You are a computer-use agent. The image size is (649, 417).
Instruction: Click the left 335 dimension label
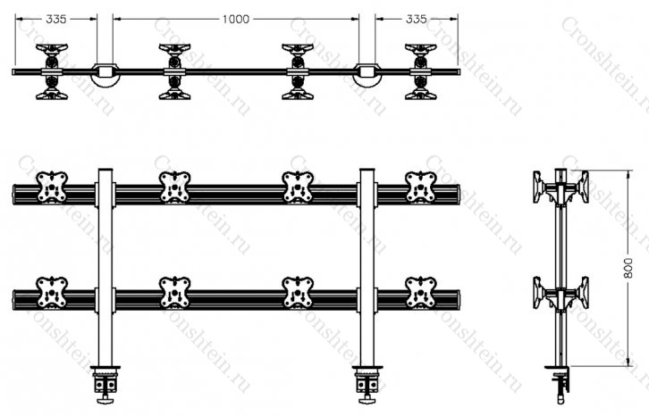coord(56,19)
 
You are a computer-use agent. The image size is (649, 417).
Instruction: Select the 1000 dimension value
coord(236,19)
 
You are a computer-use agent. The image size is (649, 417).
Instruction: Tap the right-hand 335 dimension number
coord(416,19)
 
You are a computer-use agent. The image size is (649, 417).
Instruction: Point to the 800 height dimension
coord(628,268)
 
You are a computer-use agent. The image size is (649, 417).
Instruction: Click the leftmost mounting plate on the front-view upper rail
coord(52,188)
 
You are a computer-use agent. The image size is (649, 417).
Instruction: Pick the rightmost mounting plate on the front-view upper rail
coord(420,188)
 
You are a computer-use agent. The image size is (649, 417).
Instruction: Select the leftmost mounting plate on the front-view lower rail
coord(52,293)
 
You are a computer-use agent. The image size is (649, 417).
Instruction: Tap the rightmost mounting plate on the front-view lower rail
coord(420,293)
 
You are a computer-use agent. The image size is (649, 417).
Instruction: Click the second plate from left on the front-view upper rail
coord(174,188)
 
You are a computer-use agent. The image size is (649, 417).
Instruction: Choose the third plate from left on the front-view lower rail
coord(298,293)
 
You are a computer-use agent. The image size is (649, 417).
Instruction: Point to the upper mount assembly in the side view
coord(560,188)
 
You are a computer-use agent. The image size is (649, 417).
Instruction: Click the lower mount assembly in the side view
coord(560,293)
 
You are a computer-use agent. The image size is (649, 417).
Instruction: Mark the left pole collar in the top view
coord(105,74)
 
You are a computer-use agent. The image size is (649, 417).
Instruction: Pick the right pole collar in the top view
coord(367,74)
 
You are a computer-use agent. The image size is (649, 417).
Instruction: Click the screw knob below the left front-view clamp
coord(105,399)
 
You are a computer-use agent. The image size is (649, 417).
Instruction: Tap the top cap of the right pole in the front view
coord(367,170)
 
